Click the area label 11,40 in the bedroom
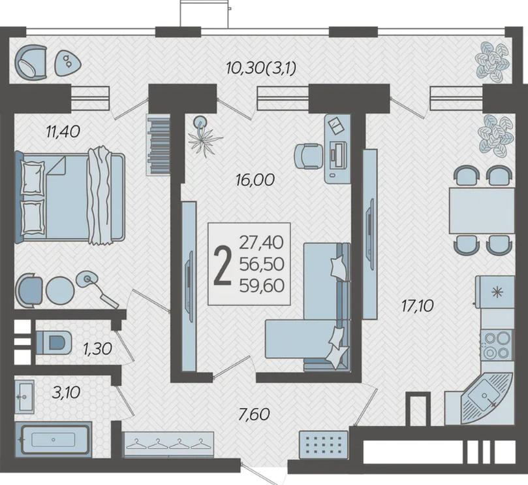63,131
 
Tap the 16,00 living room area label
255,180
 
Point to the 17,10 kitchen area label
417,307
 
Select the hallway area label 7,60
254,414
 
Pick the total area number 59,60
262,286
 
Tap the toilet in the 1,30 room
54,343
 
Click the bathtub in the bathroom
54,439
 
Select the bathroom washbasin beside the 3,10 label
25,397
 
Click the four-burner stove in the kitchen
497,345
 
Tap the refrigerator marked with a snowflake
495,292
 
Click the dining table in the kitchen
482,211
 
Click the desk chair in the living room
309,156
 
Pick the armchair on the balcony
30,62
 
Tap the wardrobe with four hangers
168,444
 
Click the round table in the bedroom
60,291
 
